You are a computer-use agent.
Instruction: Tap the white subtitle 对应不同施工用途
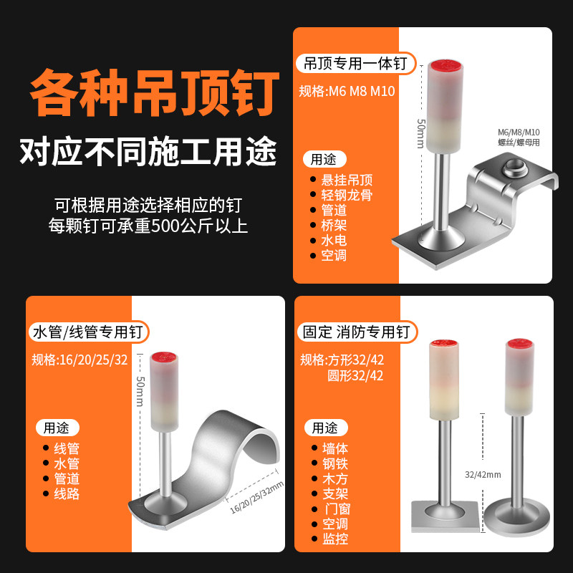pos(148,152)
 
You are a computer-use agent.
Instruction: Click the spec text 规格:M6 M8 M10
pos(347,91)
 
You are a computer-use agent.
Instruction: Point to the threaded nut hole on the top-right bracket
pos(513,170)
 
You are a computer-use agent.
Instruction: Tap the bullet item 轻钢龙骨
pos(347,195)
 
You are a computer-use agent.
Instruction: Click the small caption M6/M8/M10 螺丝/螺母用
pos(519,137)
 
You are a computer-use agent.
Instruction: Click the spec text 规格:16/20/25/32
pos(80,360)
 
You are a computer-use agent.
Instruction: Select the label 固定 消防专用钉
pos(355,332)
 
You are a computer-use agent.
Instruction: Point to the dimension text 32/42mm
pos(483,474)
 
